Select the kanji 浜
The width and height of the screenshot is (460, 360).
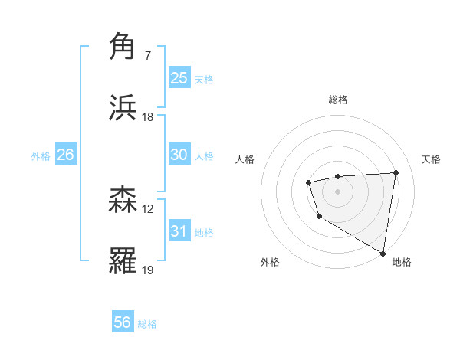click(123, 107)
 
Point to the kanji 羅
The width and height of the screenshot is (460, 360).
click(123, 260)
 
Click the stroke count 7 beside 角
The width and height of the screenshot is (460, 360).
click(147, 56)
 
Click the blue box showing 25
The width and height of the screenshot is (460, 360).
click(179, 77)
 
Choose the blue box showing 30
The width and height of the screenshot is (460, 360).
click(179, 155)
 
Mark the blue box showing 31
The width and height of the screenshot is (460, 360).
click(179, 231)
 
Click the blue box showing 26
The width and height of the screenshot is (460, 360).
click(65, 155)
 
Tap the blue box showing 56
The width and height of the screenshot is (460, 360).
click(123, 322)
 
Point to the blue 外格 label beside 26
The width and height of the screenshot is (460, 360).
click(41, 156)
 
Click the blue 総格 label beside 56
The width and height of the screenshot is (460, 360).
click(147, 324)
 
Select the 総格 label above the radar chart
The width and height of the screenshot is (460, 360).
click(337, 100)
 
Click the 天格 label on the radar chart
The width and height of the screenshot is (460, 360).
click(431, 159)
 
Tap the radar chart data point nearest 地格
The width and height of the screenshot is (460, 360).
click(383, 253)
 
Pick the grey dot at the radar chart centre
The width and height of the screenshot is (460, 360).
click(337, 190)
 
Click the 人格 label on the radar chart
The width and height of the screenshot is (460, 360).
click(245, 159)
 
